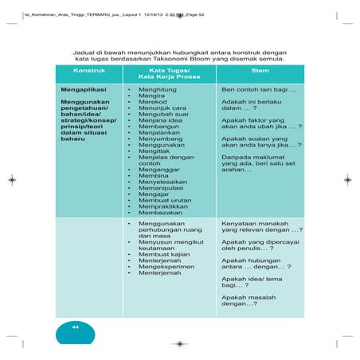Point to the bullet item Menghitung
(x=157, y=91)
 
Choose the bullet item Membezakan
(x=159, y=213)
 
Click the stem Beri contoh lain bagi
(x=258, y=91)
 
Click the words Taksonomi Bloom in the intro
(x=222, y=58)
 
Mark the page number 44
(x=75, y=327)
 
